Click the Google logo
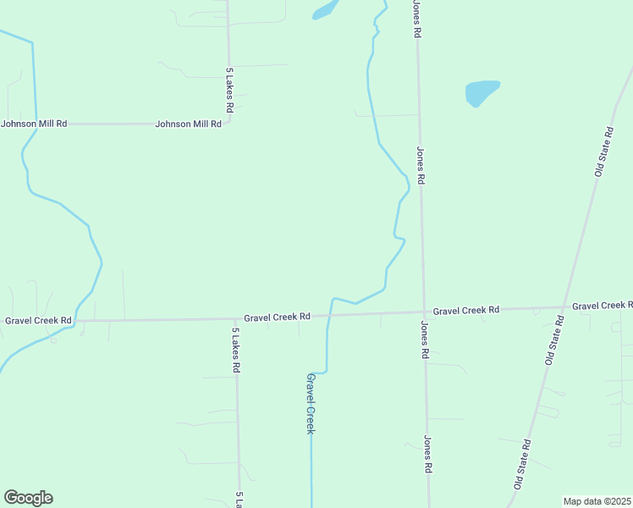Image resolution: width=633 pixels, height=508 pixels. (29, 498)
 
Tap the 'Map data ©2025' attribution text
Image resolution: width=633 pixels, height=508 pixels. (597, 501)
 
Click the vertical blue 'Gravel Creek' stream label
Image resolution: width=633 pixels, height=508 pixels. (311, 404)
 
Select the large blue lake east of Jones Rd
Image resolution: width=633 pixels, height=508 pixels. (482, 91)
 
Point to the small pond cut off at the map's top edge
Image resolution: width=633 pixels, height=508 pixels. (324, 10)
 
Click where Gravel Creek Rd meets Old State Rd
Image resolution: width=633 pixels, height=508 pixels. (564, 307)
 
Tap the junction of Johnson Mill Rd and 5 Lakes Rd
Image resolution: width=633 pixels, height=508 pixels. (229, 124)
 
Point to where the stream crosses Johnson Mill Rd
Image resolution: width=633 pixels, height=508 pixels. (36, 124)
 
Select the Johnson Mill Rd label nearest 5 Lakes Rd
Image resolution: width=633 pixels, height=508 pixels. (188, 124)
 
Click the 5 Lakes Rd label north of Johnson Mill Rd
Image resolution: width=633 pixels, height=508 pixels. (229, 91)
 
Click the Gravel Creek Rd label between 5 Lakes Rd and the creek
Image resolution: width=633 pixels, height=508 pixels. (277, 317)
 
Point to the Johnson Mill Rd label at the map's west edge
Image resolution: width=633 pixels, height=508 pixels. (34, 124)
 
